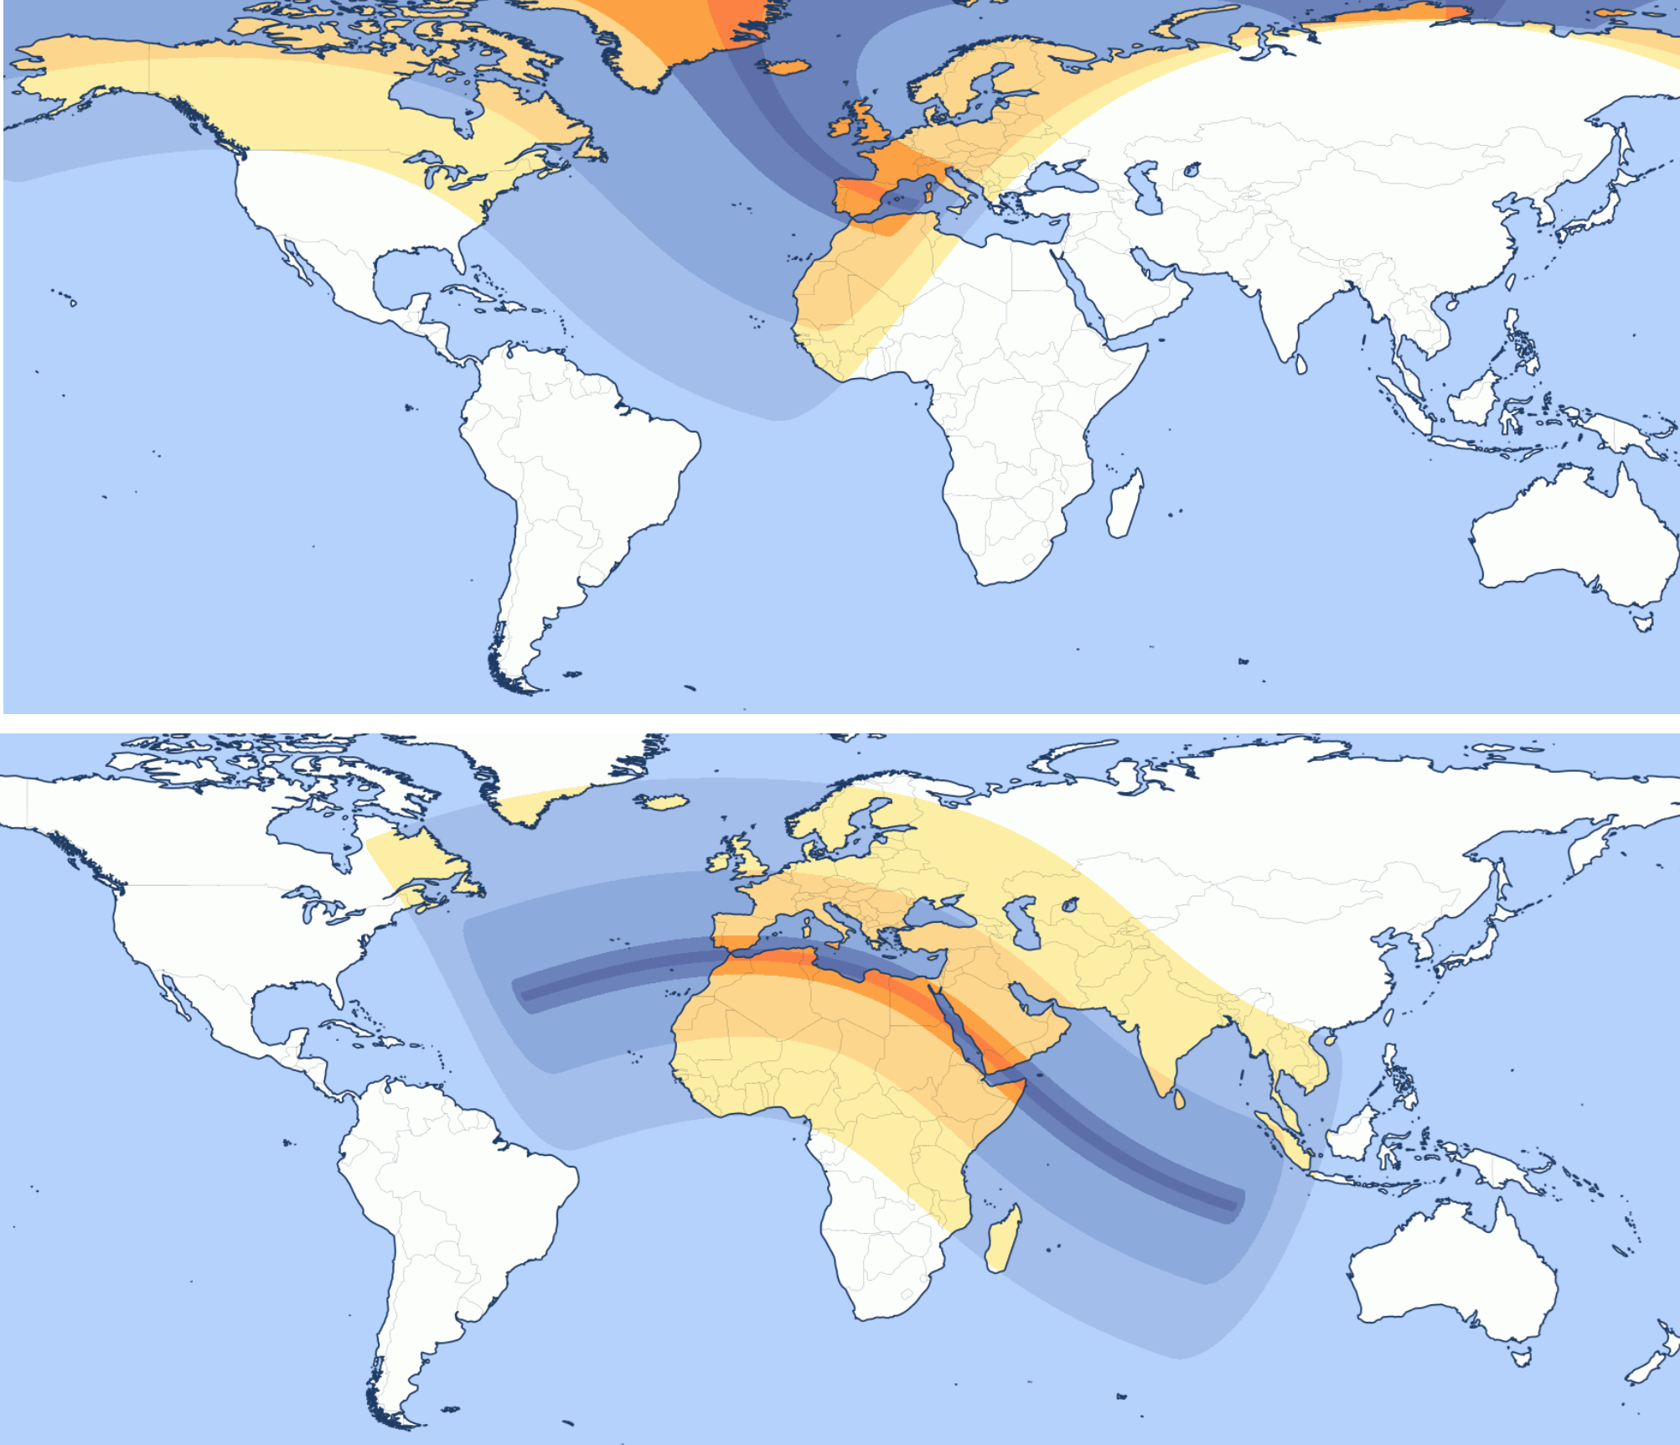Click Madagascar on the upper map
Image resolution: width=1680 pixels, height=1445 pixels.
coord(1124,505)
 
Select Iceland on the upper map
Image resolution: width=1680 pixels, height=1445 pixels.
coord(784,66)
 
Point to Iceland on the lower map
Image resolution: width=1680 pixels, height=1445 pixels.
coord(667,802)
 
